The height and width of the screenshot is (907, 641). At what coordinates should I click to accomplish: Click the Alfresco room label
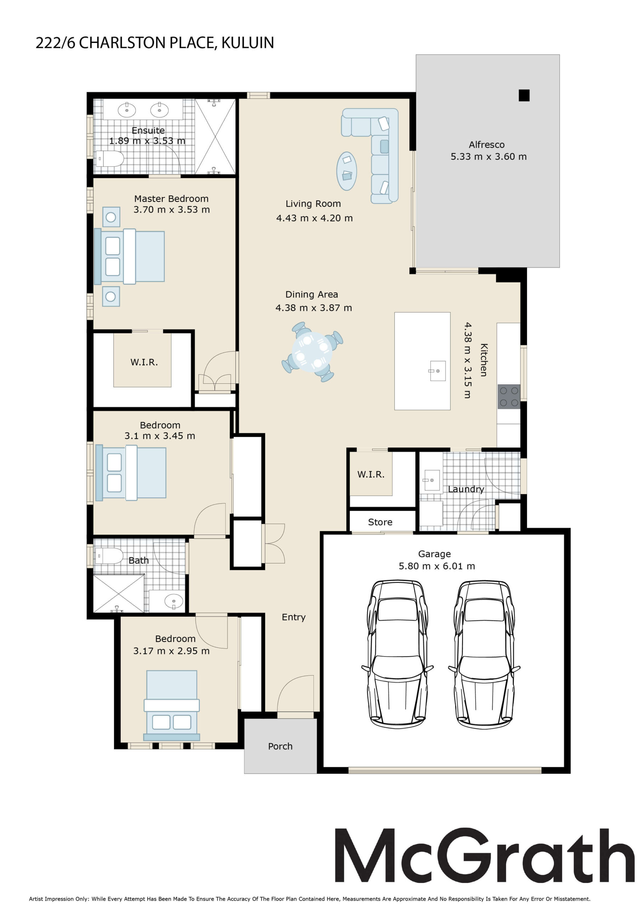point(486,145)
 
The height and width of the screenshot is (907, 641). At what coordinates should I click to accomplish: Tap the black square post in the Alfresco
point(524,95)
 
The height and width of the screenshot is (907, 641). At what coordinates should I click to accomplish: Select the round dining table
point(312,351)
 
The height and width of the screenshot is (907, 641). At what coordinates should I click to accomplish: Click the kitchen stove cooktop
point(509,396)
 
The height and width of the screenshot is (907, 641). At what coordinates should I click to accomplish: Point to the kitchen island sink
point(437,371)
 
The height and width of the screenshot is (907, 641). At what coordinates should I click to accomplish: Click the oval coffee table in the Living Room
point(346,171)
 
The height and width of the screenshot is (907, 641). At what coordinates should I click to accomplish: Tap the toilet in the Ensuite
point(109,159)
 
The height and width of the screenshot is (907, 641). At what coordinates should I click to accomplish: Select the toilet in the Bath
point(109,556)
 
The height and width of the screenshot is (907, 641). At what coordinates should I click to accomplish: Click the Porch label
point(280,746)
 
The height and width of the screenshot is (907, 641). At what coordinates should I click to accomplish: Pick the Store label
point(380,522)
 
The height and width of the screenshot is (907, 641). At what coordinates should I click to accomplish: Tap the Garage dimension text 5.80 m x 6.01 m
point(436,566)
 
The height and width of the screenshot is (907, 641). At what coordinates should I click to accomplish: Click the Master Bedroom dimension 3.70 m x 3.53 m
point(171,209)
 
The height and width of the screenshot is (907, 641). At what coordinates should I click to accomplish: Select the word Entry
point(294,617)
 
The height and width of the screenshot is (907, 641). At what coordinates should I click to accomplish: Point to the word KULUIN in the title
point(248,43)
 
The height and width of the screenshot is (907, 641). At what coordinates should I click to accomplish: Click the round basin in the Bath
point(174,602)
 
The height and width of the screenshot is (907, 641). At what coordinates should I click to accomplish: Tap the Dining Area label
point(312,294)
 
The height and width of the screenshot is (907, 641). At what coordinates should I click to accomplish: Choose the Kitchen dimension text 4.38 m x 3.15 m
point(467,360)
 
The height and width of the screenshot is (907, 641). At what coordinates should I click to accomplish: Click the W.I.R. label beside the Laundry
point(371,474)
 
